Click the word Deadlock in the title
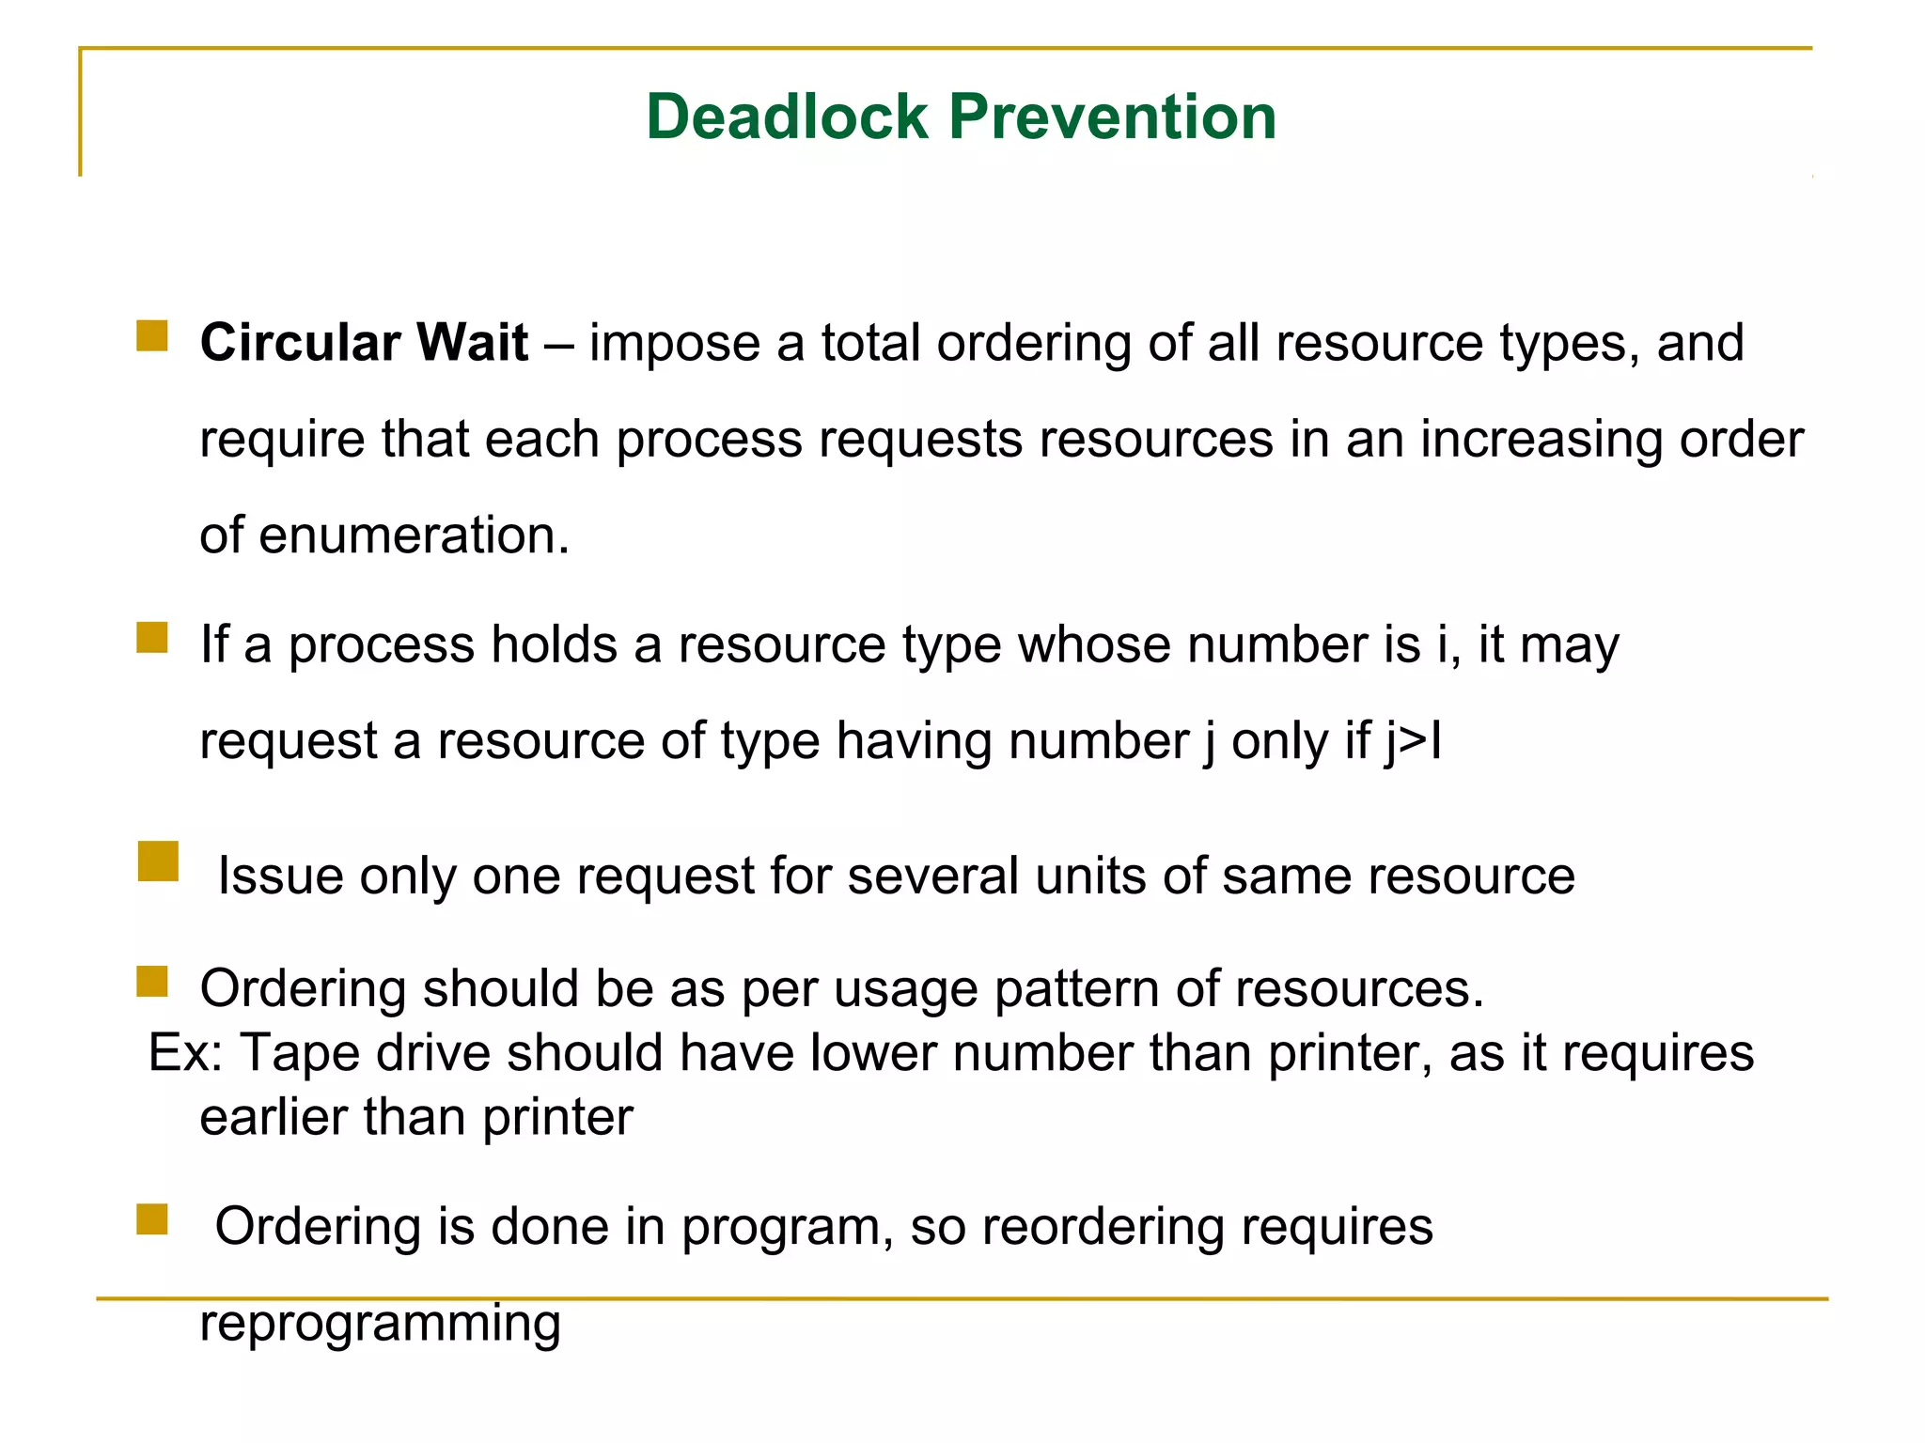point(787,117)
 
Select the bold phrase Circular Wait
point(364,342)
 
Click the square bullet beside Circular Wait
point(152,335)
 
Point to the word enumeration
point(414,535)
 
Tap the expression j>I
point(1413,741)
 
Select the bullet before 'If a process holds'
point(152,637)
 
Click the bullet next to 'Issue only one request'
point(158,861)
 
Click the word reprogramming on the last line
point(380,1324)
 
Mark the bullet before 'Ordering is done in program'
point(152,1219)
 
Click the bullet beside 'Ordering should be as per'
point(152,982)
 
